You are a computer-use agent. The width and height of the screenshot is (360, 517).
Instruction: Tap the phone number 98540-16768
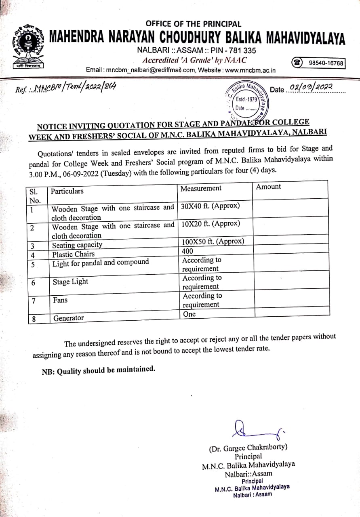[326, 63]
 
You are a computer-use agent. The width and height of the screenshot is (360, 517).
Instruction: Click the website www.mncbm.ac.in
[250, 70]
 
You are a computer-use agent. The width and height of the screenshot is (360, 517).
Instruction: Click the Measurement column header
[201, 189]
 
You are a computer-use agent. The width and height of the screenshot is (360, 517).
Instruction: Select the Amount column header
[268, 187]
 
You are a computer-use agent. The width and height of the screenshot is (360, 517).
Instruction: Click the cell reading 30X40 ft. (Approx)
[211, 206]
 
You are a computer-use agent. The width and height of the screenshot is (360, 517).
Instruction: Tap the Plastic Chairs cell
[73, 254]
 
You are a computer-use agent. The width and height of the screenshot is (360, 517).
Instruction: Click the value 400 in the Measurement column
[188, 251]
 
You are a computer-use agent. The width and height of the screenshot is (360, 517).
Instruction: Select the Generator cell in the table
[68, 318]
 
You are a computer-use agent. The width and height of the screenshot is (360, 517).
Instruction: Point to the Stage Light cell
[70, 282]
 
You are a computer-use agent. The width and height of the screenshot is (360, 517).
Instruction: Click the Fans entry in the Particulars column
[60, 300]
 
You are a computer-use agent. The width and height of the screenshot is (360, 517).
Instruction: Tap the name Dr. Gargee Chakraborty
[248, 448]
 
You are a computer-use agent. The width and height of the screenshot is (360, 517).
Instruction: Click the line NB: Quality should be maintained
[98, 370]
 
